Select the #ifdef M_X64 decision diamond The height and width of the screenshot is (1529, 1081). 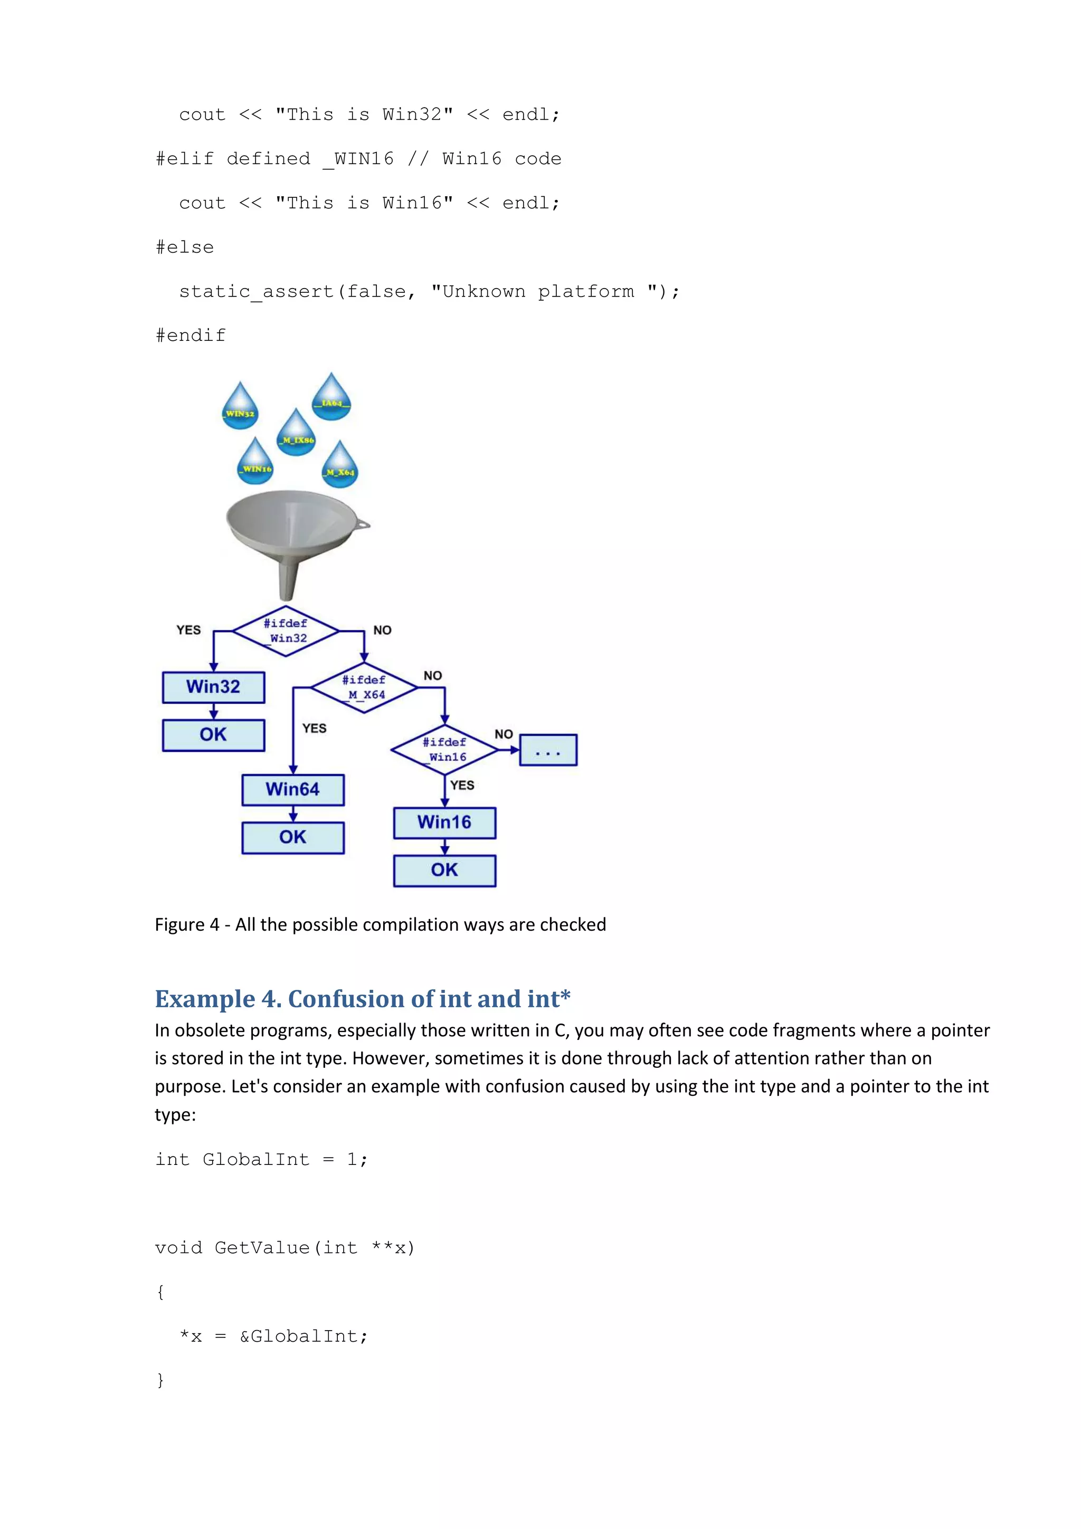(x=364, y=687)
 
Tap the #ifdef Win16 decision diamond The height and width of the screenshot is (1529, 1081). (x=444, y=749)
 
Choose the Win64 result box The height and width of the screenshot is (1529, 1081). (x=293, y=790)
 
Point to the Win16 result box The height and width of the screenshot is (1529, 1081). (x=444, y=823)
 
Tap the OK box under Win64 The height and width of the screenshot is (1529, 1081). (x=293, y=838)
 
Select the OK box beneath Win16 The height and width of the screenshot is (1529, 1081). (x=444, y=871)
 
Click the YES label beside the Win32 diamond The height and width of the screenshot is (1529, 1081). (x=188, y=630)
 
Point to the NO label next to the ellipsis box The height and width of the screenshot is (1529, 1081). (x=504, y=734)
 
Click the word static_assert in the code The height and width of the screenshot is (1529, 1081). (x=257, y=292)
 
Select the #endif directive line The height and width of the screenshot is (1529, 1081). (x=191, y=336)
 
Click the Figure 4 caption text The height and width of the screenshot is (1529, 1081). (x=381, y=924)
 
